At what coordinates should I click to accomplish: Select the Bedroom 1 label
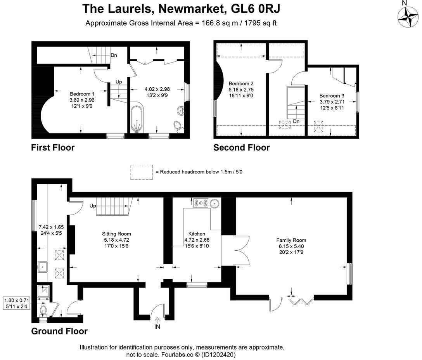coord(82,94)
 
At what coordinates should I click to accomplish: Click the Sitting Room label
coord(116,234)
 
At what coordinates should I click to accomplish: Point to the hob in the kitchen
coord(201,203)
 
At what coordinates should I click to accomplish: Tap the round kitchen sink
coord(215,203)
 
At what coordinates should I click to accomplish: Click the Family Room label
coord(291,240)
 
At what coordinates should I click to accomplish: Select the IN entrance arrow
coord(157,320)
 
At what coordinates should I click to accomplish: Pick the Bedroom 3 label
coord(332,95)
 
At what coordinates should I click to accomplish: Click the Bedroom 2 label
coord(241,83)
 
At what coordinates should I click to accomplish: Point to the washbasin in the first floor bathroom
coord(180,111)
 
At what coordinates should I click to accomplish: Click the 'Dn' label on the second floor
coord(296,121)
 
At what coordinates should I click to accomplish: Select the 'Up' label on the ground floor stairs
coord(93,206)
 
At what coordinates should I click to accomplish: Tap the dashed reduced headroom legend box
coord(142,172)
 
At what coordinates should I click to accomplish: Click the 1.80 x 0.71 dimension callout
coord(17,303)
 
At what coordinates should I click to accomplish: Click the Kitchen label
coord(197,234)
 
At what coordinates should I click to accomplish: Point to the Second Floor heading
coord(241,147)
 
